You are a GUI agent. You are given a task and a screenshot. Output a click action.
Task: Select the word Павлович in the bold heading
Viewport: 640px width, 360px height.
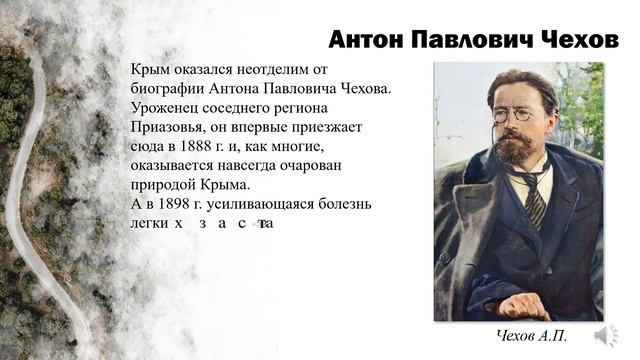(x=469, y=39)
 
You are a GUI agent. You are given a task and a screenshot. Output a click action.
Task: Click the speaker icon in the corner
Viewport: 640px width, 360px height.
(x=605, y=335)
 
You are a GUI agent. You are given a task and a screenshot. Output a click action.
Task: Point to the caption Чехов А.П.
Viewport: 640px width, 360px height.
(x=531, y=336)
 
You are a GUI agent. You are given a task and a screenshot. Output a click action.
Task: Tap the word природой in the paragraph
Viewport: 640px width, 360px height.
(x=162, y=185)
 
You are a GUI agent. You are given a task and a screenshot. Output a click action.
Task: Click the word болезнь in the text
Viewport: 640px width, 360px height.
(x=344, y=204)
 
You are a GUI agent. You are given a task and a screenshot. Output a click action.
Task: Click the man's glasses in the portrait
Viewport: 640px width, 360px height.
(x=511, y=115)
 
